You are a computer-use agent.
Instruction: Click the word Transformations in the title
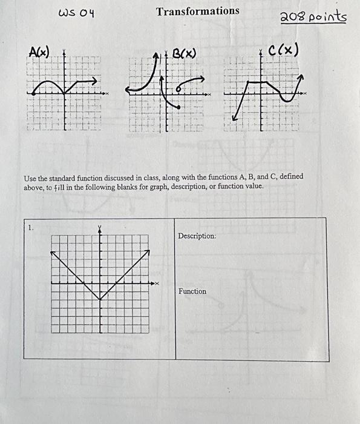point(197,11)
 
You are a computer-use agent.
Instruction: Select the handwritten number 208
point(292,17)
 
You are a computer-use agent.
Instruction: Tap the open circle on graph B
point(178,88)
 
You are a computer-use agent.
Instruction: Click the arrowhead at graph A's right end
point(96,80)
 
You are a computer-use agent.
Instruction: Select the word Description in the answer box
point(197,236)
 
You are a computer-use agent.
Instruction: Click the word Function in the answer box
point(192,291)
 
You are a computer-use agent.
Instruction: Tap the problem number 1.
point(30,228)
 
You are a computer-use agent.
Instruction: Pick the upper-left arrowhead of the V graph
point(53,252)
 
